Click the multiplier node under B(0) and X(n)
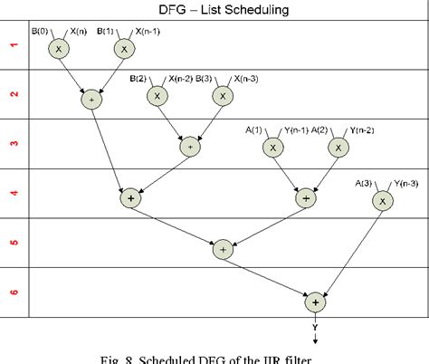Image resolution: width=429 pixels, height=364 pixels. pyautogui.click(x=56, y=49)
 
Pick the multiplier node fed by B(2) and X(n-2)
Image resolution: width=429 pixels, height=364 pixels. pyautogui.click(x=157, y=95)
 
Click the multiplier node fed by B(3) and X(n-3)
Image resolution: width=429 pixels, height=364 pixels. pyautogui.click(x=222, y=95)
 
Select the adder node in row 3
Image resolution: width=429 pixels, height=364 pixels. pyautogui.click(x=190, y=146)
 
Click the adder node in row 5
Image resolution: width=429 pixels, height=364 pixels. pyautogui.click(x=224, y=249)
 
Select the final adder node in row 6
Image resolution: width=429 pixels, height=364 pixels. pyautogui.click(x=315, y=302)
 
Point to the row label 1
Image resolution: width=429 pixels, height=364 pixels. pyautogui.click(x=14, y=43)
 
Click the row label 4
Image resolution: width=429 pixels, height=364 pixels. pyautogui.click(x=14, y=192)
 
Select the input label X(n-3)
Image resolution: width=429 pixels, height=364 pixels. pyautogui.click(x=249, y=80)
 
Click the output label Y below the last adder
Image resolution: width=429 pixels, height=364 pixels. pyautogui.click(x=315, y=327)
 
